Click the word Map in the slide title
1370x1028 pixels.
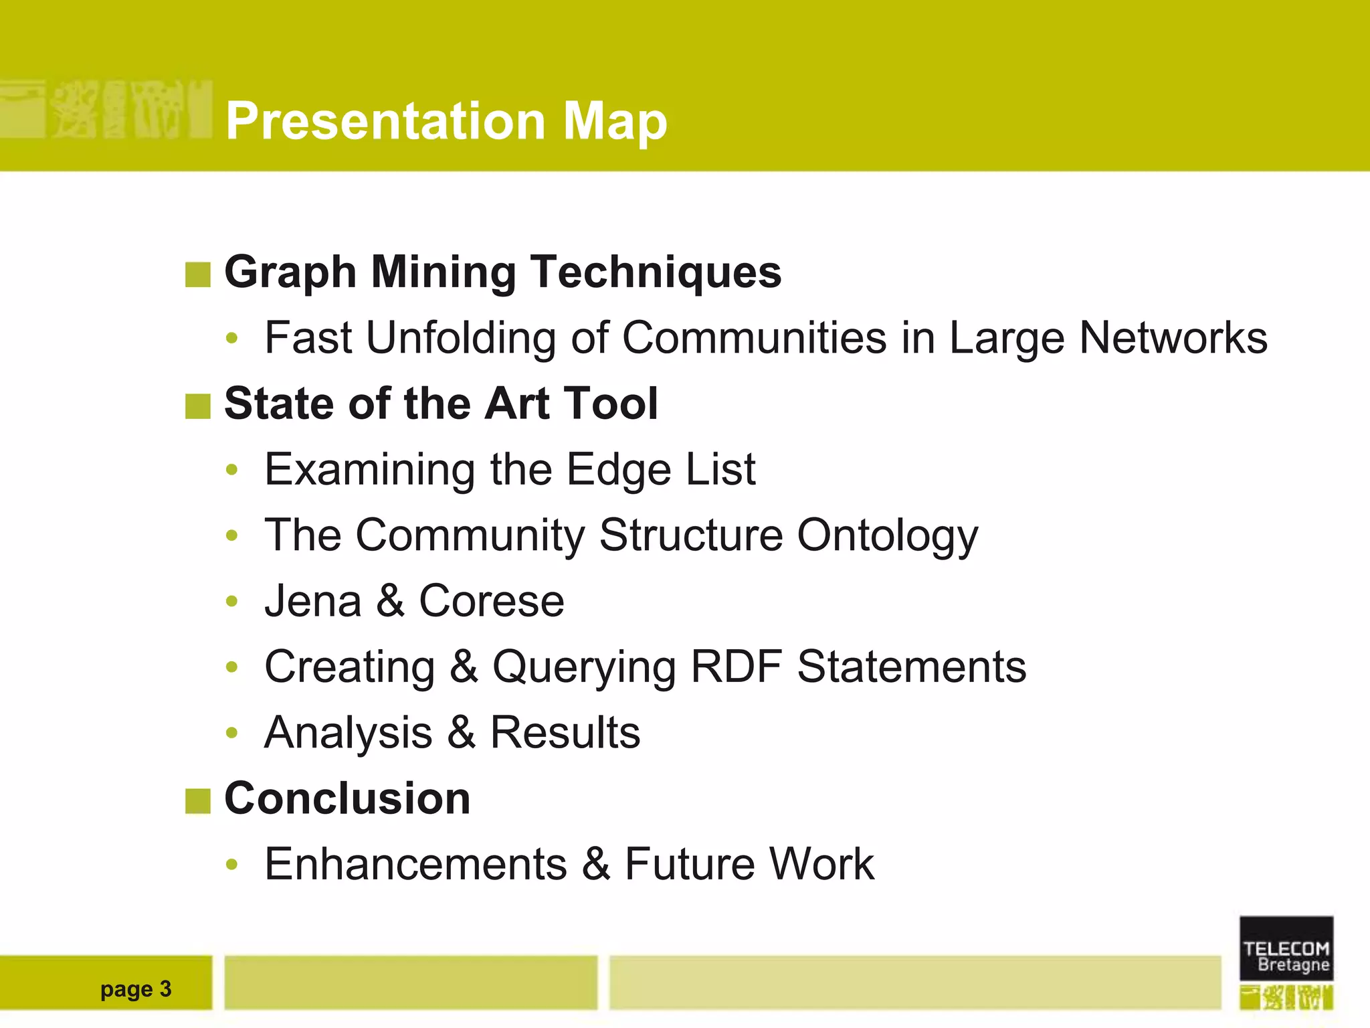(615, 121)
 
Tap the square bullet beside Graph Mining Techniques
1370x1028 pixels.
(197, 274)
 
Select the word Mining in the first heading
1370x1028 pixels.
(444, 273)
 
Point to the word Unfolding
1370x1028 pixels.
(461, 337)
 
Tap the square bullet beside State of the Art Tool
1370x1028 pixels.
(197, 406)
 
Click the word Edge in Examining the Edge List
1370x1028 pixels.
(618, 470)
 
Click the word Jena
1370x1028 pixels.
(313, 601)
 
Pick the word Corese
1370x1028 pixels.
(492, 601)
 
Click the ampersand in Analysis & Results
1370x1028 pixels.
(462, 732)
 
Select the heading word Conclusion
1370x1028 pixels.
(347, 798)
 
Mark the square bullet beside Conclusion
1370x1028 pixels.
(197, 801)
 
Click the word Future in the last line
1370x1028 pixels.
(689, 864)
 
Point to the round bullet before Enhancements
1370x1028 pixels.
(231, 865)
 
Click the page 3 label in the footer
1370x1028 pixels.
(136, 989)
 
